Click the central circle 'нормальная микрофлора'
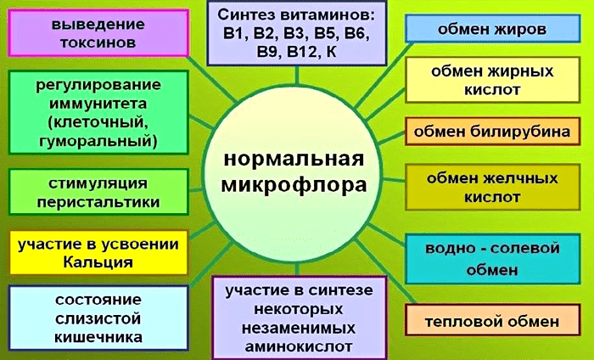coord(294,173)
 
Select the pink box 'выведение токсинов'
coord(98,33)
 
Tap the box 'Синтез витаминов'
coord(297,33)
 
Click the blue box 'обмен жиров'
coord(492,28)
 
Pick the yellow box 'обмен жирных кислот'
coord(492,80)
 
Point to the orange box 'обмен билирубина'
coord(492,132)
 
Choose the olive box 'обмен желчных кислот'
coord(492,187)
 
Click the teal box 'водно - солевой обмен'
coord(492,259)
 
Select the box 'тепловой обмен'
coord(492,320)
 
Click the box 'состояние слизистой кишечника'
coord(98,318)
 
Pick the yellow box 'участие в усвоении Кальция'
coord(98,253)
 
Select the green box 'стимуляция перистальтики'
coord(98,192)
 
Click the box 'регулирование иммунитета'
coord(98,113)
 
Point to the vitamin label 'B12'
coord(298,52)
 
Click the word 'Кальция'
coord(98,262)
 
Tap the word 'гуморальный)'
coord(98,141)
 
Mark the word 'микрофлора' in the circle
coord(294,186)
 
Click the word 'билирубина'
coord(520,132)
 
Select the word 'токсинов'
coord(98,42)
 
